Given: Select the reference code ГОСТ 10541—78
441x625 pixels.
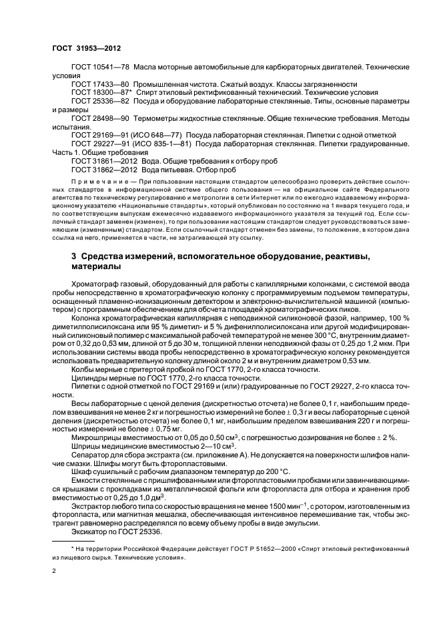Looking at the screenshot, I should (99, 68).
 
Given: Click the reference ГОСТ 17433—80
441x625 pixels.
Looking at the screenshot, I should (99, 84).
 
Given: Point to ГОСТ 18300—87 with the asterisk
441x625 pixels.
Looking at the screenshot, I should (101, 92).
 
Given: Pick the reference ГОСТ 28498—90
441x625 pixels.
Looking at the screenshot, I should (99, 118).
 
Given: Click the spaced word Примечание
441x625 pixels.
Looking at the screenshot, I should (95, 182).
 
